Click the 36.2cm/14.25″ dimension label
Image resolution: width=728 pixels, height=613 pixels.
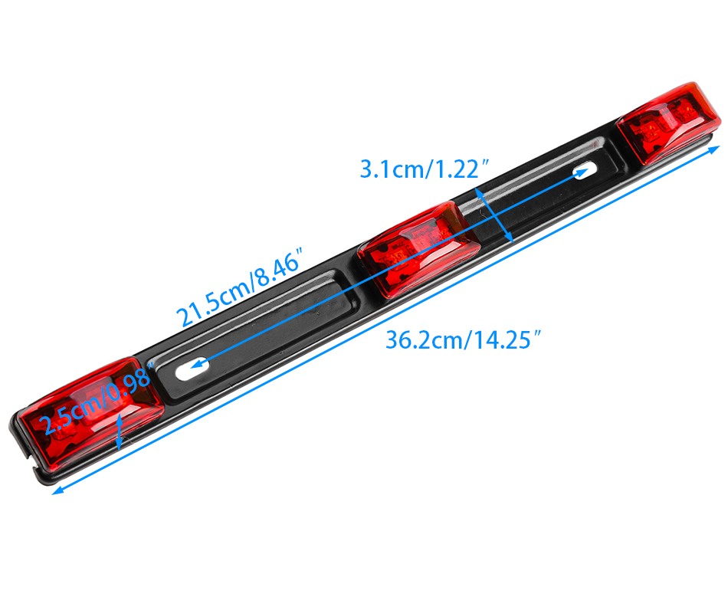tap(464, 339)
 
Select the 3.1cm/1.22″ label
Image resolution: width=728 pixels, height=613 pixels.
tap(425, 169)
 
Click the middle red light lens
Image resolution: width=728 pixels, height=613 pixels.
tap(418, 248)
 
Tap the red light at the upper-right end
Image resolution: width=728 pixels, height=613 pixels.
tap(668, 123)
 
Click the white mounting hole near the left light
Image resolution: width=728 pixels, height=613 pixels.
tap(192, 369)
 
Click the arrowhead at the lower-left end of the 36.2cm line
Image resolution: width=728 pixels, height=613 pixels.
tap(57, 490)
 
